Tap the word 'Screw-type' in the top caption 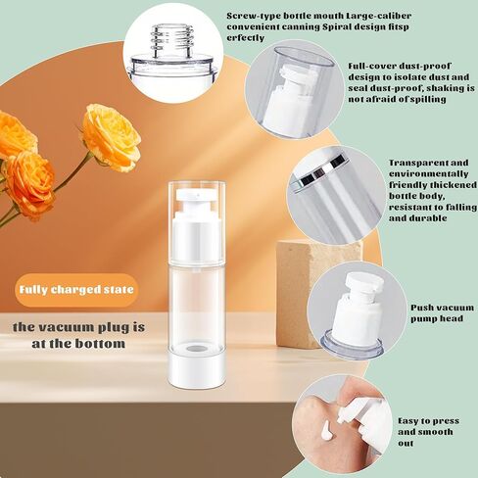(249, 17)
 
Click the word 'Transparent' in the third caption (415, 163)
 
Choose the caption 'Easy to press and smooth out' (426, 431)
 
